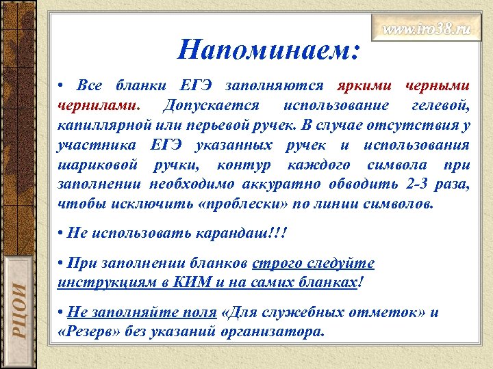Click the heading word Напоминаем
coord(269,49)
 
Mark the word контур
coord(242,165)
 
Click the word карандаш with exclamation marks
coord(249,234)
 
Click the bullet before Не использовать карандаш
coord(61,234)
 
